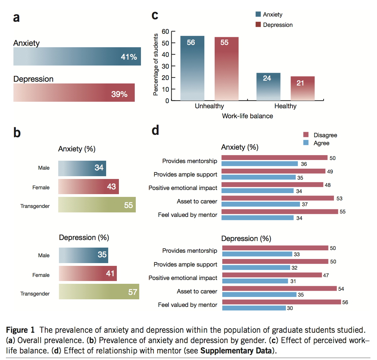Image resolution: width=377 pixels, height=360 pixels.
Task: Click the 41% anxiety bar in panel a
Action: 77,57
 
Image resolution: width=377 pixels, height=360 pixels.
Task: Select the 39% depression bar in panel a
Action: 74,92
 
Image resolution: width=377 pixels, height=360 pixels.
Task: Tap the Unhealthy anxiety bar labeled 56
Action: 192,68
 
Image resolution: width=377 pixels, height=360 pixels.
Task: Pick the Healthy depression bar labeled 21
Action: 303,88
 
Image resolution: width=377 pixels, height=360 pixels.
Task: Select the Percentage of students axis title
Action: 156,65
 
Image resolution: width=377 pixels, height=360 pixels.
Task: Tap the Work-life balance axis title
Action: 247,116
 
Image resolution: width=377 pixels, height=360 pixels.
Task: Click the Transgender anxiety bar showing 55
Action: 97,205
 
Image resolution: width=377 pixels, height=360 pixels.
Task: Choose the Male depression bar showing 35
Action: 83,255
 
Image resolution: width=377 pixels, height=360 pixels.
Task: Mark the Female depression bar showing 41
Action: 88,274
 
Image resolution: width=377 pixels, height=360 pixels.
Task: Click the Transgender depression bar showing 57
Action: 99,292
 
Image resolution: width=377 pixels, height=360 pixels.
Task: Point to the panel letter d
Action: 155,131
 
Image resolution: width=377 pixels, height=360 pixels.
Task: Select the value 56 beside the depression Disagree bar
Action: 345,302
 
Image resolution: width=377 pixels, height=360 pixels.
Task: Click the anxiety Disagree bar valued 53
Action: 278,198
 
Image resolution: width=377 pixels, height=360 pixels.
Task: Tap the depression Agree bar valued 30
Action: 254,308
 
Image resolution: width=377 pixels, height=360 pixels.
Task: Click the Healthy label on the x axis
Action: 285,106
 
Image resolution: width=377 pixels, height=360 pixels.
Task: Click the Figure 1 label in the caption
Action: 22,330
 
